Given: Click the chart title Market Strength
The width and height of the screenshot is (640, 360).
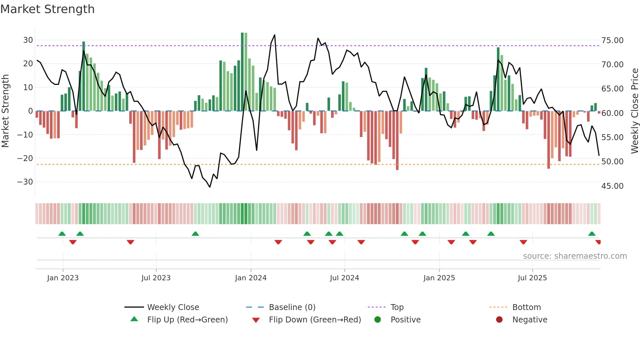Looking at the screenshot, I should (47, 9).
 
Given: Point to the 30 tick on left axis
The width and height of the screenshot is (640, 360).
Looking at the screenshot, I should (28, 40).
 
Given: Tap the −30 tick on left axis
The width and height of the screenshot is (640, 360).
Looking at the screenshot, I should (25, 182).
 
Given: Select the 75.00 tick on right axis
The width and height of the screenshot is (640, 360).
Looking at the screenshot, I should (612, 41).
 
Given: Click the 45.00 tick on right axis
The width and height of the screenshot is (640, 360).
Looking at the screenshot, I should (612, 186).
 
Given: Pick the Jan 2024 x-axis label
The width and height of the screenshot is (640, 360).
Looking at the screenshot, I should (250, 278).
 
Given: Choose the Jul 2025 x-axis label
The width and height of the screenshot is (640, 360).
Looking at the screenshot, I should (532, 278).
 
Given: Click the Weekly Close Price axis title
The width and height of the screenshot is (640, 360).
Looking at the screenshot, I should (634, 111).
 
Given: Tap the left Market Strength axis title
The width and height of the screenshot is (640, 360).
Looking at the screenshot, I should (5, 111).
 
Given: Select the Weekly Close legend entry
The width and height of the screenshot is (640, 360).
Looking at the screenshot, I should (173, 307).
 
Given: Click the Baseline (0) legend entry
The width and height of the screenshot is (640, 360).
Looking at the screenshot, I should (292, 307).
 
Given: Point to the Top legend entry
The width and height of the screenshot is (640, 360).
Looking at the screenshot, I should (397, 307).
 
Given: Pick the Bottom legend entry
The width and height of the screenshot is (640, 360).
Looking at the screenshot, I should (526, 307).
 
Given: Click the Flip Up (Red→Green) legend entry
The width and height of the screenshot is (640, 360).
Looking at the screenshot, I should (187, 320).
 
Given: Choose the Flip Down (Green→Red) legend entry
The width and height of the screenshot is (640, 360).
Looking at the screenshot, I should (315, 320).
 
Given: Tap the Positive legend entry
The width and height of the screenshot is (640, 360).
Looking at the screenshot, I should (405, 320).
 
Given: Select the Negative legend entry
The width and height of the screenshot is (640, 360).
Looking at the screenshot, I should (529, 320).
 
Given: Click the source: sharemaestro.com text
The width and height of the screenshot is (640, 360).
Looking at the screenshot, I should (575, 256).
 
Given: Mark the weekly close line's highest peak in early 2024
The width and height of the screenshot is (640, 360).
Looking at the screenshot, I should (274, 35).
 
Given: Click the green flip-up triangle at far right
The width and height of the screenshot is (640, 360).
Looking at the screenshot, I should (592, 234).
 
